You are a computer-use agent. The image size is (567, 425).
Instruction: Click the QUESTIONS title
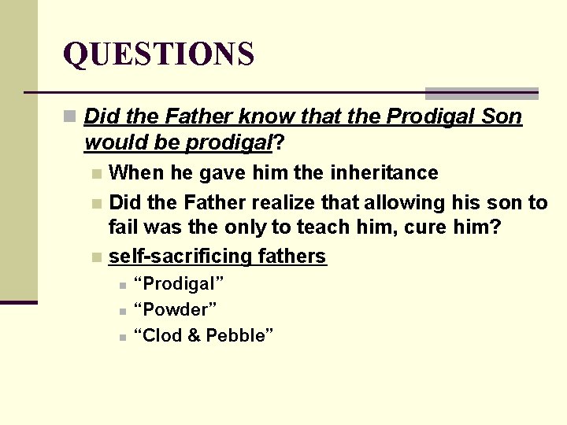tap(158, 54)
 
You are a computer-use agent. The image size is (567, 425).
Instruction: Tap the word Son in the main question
tap(502, 116)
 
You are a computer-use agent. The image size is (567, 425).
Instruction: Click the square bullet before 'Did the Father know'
tap(70, 117)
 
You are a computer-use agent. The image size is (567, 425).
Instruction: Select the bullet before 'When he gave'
tap(96, 173)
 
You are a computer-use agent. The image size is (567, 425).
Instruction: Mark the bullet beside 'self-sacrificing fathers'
tap(96, 257)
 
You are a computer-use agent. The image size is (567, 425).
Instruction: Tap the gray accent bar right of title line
tap(481, 93)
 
